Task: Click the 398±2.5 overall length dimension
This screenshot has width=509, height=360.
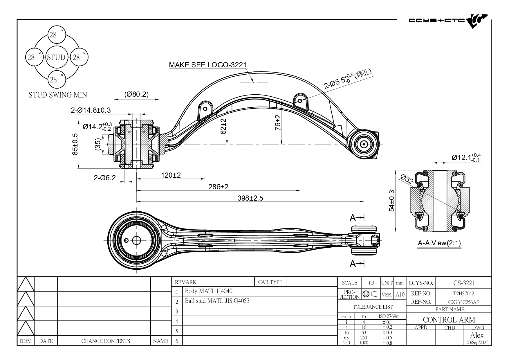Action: (x=250, y=198)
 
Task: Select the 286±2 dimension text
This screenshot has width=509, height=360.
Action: (x=218, y=187)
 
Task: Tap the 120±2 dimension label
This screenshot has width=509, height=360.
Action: (x=171, y=175)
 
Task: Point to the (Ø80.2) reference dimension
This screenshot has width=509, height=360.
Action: (x=136, y=94)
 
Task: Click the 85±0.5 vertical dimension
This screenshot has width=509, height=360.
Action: (x=75, y=144)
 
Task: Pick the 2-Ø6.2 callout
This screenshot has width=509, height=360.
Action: (x=104, y=178)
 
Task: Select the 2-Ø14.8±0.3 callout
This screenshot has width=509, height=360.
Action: (x=91, y=110)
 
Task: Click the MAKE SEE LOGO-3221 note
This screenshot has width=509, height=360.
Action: (x=207, y=65)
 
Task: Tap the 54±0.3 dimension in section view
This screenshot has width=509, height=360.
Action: (x=391, y=201)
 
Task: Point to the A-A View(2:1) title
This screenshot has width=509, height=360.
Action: (x=439, y=243)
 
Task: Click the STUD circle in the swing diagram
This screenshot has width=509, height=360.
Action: (x=56, y=57)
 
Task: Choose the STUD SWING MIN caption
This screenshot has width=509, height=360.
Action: (x=58, y=95)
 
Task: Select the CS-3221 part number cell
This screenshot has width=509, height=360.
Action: (x=464, y=283)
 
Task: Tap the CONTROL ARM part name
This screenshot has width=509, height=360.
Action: (x=449, y=320)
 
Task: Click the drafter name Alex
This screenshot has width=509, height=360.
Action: (x=476, y=335)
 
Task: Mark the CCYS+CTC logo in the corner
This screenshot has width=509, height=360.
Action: (x=448, y=21)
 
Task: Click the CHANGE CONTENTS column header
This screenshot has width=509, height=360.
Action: (x=105, y=341)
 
